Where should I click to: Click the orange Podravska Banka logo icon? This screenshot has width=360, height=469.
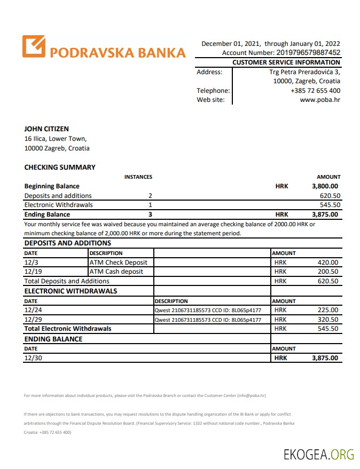pyautogui.click(x=34, y=46)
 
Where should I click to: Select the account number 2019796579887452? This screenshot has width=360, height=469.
pyautogui.click(x=308, y=53)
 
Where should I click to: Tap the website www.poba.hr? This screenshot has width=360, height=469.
pyautogui.click(x=320, y=99)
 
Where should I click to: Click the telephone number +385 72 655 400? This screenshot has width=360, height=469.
pyautogui.click(x=315, y=91)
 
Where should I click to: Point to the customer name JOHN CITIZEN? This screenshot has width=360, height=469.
pyautogui.click(x=46, y=129)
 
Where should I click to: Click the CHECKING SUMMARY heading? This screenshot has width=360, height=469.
pyautogui.click(x=60, y=167)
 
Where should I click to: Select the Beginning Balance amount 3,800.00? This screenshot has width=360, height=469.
pyautogui.click(x=325, y=186)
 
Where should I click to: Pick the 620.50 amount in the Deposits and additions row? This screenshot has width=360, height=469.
pyautogui.click(x=330, y=196)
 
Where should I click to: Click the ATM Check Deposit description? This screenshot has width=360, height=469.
pyautogui.click(x=119, y=263)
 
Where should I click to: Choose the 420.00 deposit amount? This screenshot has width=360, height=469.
pyautogui.click(x=327, y=263)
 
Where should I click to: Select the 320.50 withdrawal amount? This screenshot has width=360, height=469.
pyautogui.click(x=327, y=320)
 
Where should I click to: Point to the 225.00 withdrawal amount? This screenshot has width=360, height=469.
pyautogui.click(x=327, y=310)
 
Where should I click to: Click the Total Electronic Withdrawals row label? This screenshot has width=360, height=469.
pyautogui.click(x=68, y=329)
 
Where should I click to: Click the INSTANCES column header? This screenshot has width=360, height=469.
pyautogui.click(x=138, y=177)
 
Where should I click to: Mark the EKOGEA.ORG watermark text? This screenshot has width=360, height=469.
pyautogui.click(x=319, y=455)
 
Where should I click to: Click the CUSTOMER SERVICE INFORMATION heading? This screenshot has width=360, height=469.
pyautogui.click(x=286, y=62)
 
